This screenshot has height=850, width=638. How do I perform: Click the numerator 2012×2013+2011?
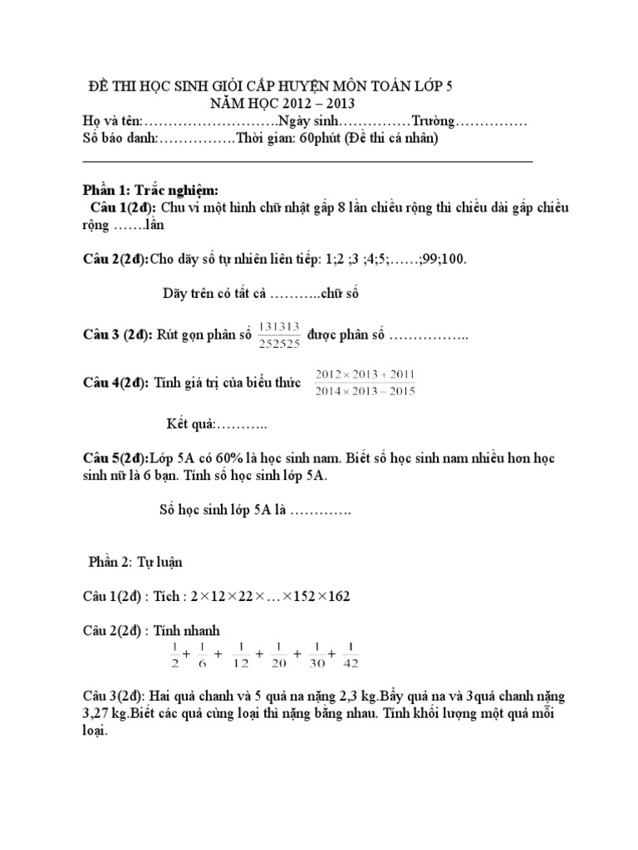(x=365, y=375)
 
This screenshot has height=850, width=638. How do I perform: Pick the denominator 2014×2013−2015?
(x=365, y=392)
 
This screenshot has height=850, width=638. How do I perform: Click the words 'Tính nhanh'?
(x=192, y=629)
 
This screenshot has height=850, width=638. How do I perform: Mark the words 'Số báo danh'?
(x=119, y=139)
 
